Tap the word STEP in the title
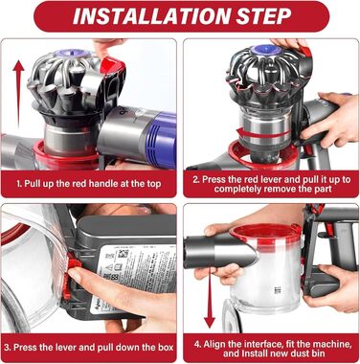279,17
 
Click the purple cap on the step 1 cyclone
74,50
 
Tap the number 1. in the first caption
19,181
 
